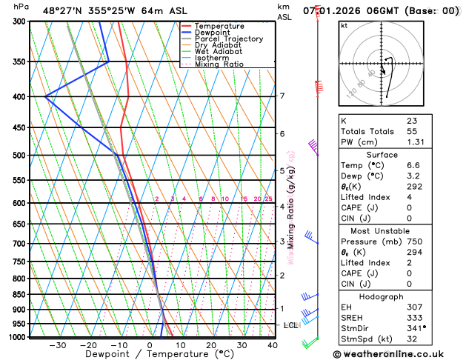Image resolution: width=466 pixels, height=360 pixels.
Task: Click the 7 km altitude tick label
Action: pos(282,96)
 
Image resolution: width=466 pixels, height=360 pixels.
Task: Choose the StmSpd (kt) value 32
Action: pos(412,339)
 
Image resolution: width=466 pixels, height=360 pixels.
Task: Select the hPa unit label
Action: pos(21,7)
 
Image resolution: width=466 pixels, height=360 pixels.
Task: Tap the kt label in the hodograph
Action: pos(344,26)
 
